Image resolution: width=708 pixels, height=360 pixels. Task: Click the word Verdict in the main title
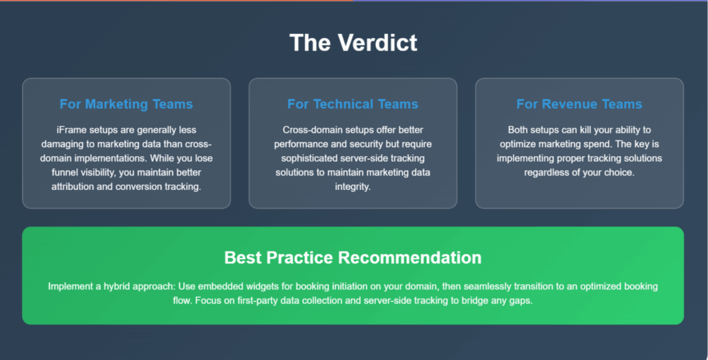coord(378,42)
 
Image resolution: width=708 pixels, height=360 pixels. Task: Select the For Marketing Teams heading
coord(127,104)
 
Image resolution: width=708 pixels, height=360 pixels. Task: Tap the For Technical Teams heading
coord(353,104)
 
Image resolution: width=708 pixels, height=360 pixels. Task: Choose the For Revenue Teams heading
coord(579,104)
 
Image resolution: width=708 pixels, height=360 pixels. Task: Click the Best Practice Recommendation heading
coord(353,258)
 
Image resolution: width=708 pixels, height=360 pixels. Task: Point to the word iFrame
coord(71,130)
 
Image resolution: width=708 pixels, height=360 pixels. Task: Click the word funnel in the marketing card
coord(66,172)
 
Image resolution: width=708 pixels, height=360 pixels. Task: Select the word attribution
coord(73,187)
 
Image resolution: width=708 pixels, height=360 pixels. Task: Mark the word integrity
coord(353,187)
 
